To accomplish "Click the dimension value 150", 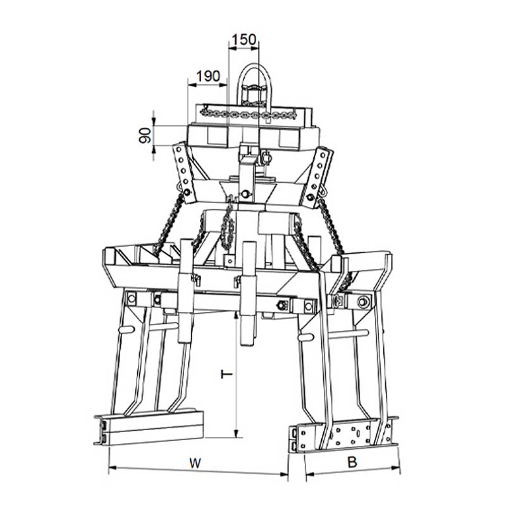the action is coord(244,39).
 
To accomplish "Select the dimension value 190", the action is coord(208,77).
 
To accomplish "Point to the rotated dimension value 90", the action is coord(145,135).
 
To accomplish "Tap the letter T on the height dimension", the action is coord(226,374).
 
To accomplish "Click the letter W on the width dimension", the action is coord(195,463).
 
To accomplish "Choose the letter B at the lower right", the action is coord(352,462).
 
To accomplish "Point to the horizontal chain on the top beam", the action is coord(248,114).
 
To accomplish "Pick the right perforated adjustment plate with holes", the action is coord(318,177).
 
